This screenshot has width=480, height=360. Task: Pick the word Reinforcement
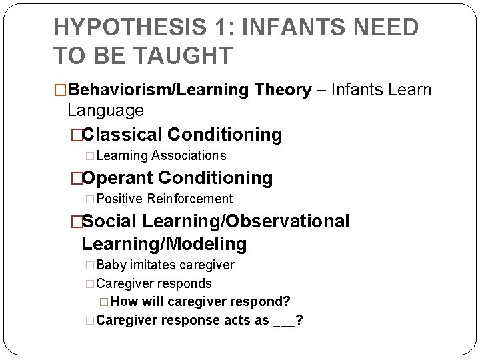pyautogui.click(x=190, y=199)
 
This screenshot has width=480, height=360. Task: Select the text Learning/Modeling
pyautogui.click(x=164, y=244)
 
